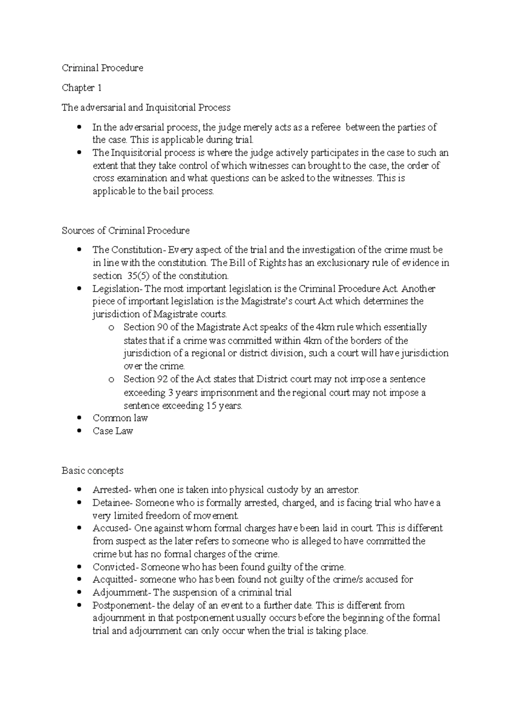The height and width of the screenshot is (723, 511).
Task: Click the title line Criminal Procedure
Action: pyautogui.click(x=102, y=68)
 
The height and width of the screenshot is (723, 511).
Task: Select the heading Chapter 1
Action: pyautogui.click(x=82, y=88)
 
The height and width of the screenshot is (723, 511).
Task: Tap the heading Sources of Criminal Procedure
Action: pyautogui.click(x=126, y=231)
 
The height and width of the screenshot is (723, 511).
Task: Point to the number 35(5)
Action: pyautogui.click(x=139, y=275)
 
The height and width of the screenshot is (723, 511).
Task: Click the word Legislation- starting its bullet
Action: pyautogui.click(x=116, y=289)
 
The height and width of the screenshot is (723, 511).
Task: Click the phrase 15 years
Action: pyautogui.click(x=224, y=406)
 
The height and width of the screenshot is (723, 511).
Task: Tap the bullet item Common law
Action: pyautogui.click(x=120, y=418)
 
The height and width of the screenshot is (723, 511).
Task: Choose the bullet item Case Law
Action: pyautogui.click(x=113, y=431)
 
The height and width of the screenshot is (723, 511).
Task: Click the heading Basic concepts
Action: pyautogui.click(x=92, y=471)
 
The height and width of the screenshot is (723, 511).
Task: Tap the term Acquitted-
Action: pyautogui.click(x=115, y=580)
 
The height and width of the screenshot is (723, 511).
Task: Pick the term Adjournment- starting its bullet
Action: pyautogui.click(x=122, y=593)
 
